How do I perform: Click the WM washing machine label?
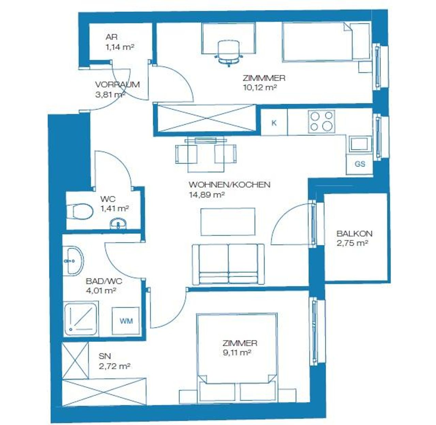[x=126, y=321]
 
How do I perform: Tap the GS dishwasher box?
[x=359, y=164]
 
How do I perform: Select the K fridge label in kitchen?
[x=274, y=123]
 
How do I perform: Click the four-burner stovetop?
[x=321, y=121]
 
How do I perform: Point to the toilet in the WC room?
[x=80, y=211]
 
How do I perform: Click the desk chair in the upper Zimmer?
[x=229, y=53]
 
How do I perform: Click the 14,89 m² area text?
[x=207, y=195]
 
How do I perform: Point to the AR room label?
[x=112, y=37]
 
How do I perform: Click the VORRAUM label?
[x=118, y=84]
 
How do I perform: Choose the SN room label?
[x=105, y=356]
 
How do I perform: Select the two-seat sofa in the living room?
[x=228, y=264]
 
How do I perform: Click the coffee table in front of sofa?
[x=228, y=222]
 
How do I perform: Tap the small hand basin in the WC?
[x=118, y=224]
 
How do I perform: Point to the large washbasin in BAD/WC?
[x=73, y=261]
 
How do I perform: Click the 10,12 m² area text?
[x=260, y=87]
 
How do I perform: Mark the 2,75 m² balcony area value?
[x=353, y=243]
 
